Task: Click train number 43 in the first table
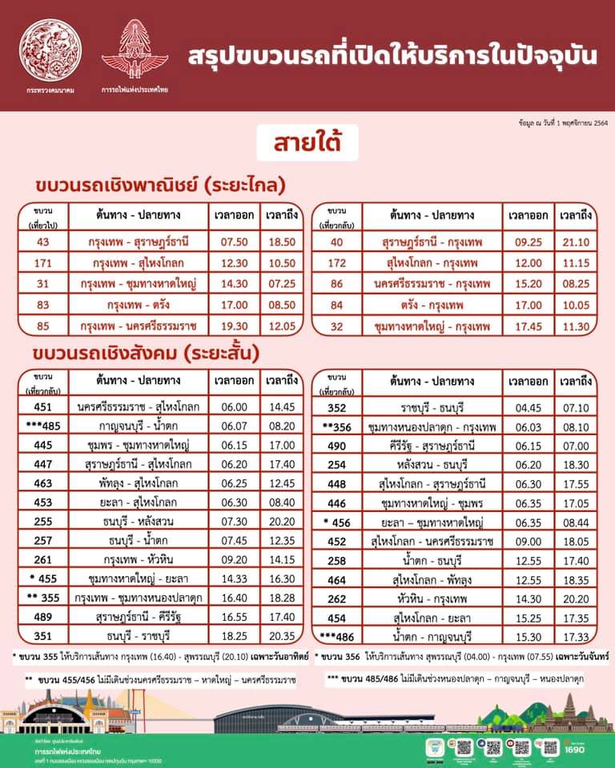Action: click(x=43, y=241)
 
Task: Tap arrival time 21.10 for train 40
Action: click(x=575, y=241)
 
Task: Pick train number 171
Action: click(x=43, y=262)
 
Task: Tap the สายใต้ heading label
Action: click(x=307, y=145)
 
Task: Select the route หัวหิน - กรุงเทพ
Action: click(x=431, y=597)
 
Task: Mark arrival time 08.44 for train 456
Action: click(x=575, y=522)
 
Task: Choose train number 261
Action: click(x=43, y=560)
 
